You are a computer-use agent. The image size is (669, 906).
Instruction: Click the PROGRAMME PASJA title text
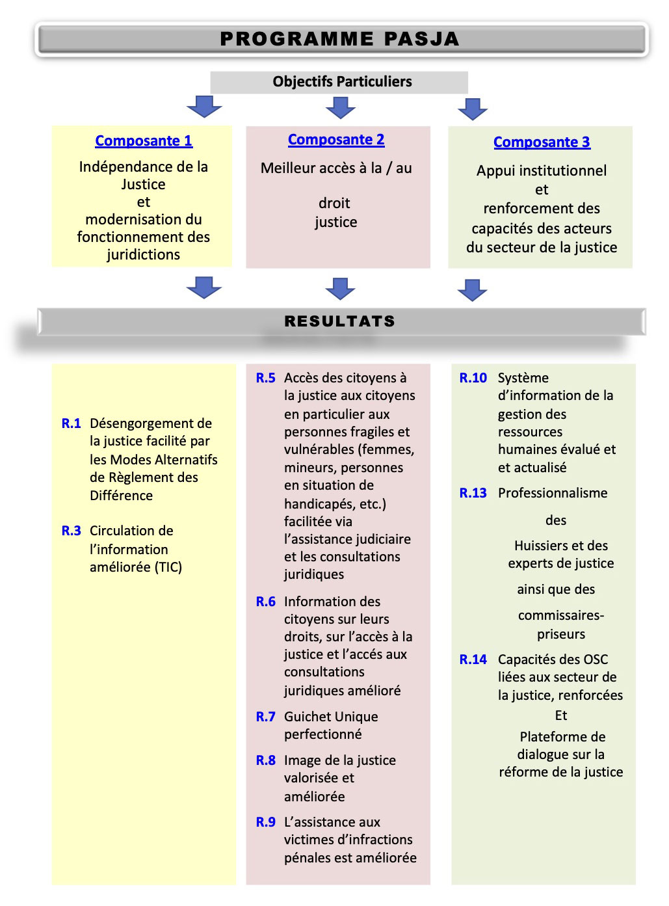pyautogui.click(x=339, y=39)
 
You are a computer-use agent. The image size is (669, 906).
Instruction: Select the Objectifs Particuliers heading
pyautogui.click(x=342, y=82)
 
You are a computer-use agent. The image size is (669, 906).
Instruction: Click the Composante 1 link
pyautogui.click(x=143, y=140)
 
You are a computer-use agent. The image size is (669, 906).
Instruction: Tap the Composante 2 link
pyautogui.click(x=335, y=139)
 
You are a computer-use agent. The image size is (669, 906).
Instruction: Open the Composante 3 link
pyautogui.click(x=542, y=142)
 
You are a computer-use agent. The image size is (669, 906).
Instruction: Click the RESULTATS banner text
pyautogui.click(x=339, y=321)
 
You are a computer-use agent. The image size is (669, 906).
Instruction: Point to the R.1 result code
pyautogui.click(x=71, y=423)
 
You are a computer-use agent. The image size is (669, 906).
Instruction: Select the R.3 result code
pyautogui.click(x=71, y=530)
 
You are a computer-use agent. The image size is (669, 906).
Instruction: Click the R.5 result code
pyautogui.click(x=265, y=377)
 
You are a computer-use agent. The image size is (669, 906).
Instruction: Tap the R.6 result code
pyautogui.click(x=265, y=601)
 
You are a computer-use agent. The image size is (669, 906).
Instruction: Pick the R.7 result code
pyautogui.click(x=265, y=716)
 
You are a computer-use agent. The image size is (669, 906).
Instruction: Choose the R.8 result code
pyautogui.click(x=265, y=760)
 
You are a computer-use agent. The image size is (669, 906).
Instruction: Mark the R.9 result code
pyautogui.click(x=265, y=821)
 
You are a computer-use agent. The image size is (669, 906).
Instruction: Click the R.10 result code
pyautogui.click(x=473, y=377)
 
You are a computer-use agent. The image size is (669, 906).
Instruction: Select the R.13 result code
pyautogui.click(x=473, y=492)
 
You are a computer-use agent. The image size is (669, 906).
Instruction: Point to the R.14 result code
pyautogui.click(x=473, y=659)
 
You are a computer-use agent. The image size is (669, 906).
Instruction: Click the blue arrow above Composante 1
pyautogui.click(x=204, y=107)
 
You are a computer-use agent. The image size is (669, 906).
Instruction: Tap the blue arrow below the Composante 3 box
pyautogui.click(x=472, y=290)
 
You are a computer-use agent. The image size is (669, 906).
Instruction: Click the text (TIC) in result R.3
pyautogui.click(x=168, y=567)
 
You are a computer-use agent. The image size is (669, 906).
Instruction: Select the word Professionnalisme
pyautogui.click(x=553, y=493)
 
